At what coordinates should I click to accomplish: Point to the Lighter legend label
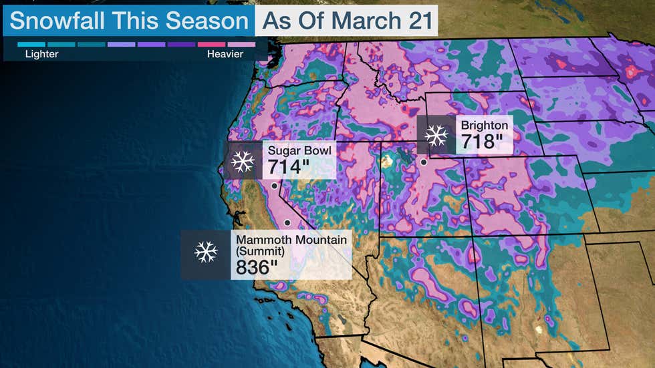click(x=41, y=54)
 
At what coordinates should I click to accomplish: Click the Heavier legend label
click(x=225, y=54)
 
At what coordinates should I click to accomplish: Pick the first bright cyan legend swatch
click(x=31, y=44)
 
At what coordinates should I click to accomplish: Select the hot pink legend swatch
click(x=211, y=44)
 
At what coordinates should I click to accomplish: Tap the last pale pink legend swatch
click(x=241, y=44)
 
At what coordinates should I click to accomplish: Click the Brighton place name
click(x=484, y=126)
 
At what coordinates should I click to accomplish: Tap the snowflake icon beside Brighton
click(x=437, y=136)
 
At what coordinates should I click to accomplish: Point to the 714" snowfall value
click(x=288, y=167)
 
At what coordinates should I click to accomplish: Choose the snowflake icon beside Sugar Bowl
click(x=242, y=161)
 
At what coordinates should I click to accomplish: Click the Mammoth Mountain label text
click(x=291, y=239)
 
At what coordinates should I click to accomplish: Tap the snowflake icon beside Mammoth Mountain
click(x=206, y=252)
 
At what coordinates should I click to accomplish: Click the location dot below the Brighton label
click(x=423, y=162)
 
